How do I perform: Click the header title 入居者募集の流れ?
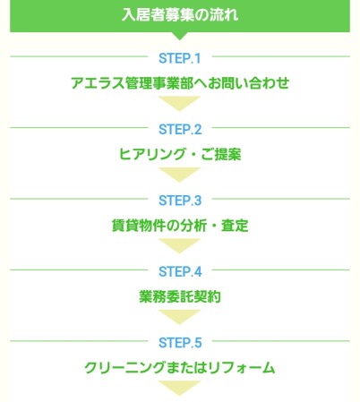[180, 14]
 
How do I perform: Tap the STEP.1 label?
[180, 58]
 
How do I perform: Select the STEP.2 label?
[180, 130]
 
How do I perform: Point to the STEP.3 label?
[180, 201]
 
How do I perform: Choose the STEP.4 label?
[180, 271]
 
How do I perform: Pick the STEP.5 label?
[180, 343]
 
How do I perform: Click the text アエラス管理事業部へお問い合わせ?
[180, 83]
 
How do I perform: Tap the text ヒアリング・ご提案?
[180, 154]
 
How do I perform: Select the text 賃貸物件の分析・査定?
[180, 226]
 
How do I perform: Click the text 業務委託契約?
[180, 296]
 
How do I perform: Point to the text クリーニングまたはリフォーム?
[180, 367]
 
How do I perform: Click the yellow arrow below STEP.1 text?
[179, 102]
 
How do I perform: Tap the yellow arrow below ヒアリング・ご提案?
[179, 174]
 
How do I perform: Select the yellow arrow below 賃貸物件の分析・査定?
[179, 244]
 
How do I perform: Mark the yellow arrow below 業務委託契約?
[179, 316]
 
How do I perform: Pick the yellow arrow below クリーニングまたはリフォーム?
[179, 387]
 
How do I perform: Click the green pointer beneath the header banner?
[180, 36]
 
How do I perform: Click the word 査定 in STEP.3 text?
[235, 226]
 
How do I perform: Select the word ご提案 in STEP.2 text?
[221, 154]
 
